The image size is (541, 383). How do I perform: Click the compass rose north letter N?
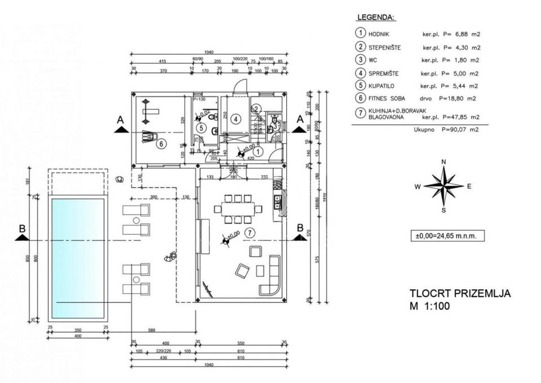(x=444, y=162)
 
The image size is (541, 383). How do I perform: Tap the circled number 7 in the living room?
(x=251, y=232)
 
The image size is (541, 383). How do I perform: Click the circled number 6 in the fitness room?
(x=161, y=144)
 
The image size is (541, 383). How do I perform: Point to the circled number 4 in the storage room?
(x=236, y=118)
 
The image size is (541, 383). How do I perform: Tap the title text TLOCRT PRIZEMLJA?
(x=460, y=293)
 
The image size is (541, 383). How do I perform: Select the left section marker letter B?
(x=22, y=228)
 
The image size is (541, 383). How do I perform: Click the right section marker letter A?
(x=300, y=119)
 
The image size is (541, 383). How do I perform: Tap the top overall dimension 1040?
(x=209, y=52)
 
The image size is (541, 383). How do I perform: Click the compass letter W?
(x=418, y=187)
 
